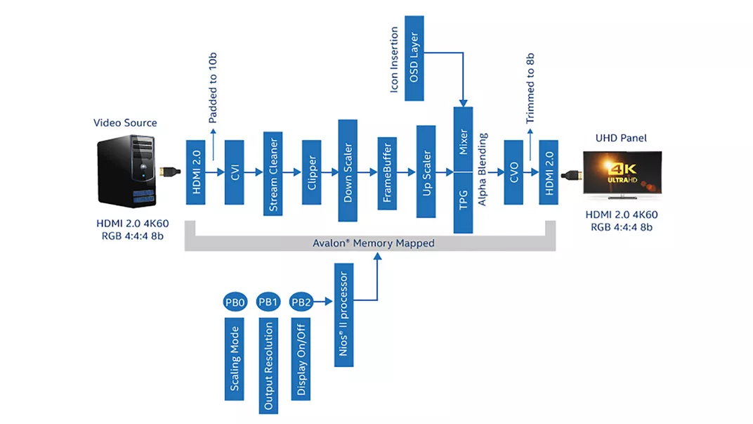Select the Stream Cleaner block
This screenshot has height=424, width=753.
click(x=273, y=172)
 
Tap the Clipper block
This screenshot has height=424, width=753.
click(x=311, y=172)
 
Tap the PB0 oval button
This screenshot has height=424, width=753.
click(x=235, y=303)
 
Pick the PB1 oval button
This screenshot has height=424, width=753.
click(x=268, y=303)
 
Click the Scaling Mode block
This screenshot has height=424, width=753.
click(x=235, y=359)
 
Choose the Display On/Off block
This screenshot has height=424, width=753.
click(x=301, y=359)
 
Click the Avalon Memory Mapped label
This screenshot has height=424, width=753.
click(x=373, y=243)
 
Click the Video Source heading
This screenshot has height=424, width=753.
click(x=125, y=123)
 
